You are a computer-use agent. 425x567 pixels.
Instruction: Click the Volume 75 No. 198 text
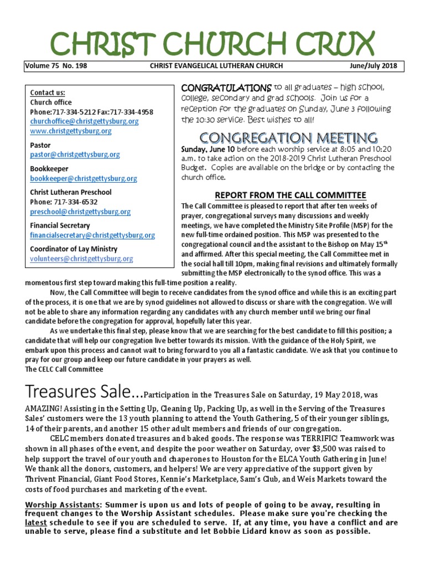pos(56,66)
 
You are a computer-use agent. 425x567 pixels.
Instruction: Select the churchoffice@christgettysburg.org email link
pos(84,121)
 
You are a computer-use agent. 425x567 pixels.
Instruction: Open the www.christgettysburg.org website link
pos(71,131)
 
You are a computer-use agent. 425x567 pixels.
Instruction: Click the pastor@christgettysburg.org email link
pos(75,155)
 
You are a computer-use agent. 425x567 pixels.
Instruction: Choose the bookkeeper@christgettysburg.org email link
pos(84,179)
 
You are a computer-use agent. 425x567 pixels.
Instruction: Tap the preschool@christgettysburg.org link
pos(80,212)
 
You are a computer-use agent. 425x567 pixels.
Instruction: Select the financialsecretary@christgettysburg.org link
pos(92,235)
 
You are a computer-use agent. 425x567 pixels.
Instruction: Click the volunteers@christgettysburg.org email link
pos(81,259)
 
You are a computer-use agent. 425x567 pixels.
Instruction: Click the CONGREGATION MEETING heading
pos(289,137)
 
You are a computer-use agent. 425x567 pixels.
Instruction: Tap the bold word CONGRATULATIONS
pos(224,88)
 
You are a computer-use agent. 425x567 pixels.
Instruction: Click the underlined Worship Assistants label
pos(64,504)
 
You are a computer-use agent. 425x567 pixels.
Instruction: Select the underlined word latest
pos(37,522)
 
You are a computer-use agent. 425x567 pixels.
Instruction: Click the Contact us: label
pos(47,92)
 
